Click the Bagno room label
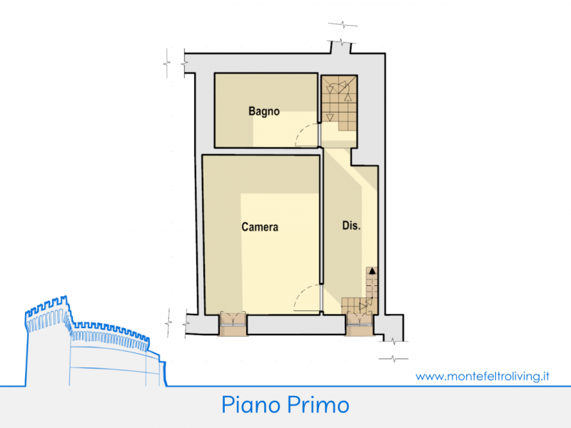tap(264, 111)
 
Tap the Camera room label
tap(260, 227)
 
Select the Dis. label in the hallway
tap(351, 225)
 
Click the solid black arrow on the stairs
tap(372, 271)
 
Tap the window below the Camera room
tap(233, 324)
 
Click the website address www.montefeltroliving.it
tap(482, 376)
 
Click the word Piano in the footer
tap(251, 404)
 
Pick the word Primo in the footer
tap(318, 404)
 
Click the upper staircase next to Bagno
tap(338, 103)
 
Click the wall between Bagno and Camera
tap(266, 151)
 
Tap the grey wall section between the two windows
tap(296, 325)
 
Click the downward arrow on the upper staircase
tap(330, 117)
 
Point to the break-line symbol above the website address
tap(394, 359)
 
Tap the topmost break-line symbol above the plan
tap(343, 25)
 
